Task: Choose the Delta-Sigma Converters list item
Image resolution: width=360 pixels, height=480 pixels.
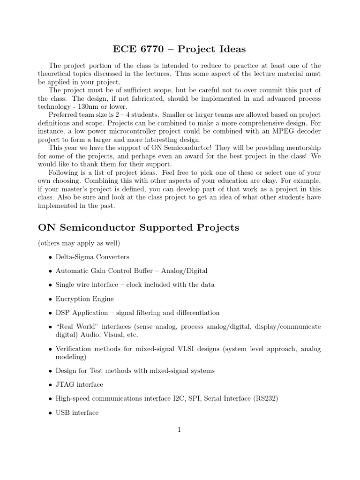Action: pos(92,257)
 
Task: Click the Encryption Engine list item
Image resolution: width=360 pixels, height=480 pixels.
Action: pos(84,299)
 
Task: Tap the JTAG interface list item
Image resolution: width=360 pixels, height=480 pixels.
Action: pos(79,384)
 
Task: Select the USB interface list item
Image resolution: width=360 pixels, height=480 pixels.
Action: pos(77,412)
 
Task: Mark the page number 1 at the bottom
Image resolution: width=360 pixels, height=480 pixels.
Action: pos(180,429)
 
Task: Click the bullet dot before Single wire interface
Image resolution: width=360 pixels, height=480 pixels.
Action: pos(50,285)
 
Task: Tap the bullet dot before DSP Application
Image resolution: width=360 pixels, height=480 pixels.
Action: pos(50,313)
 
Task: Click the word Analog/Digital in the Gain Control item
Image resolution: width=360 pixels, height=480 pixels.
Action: pos(185,270)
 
